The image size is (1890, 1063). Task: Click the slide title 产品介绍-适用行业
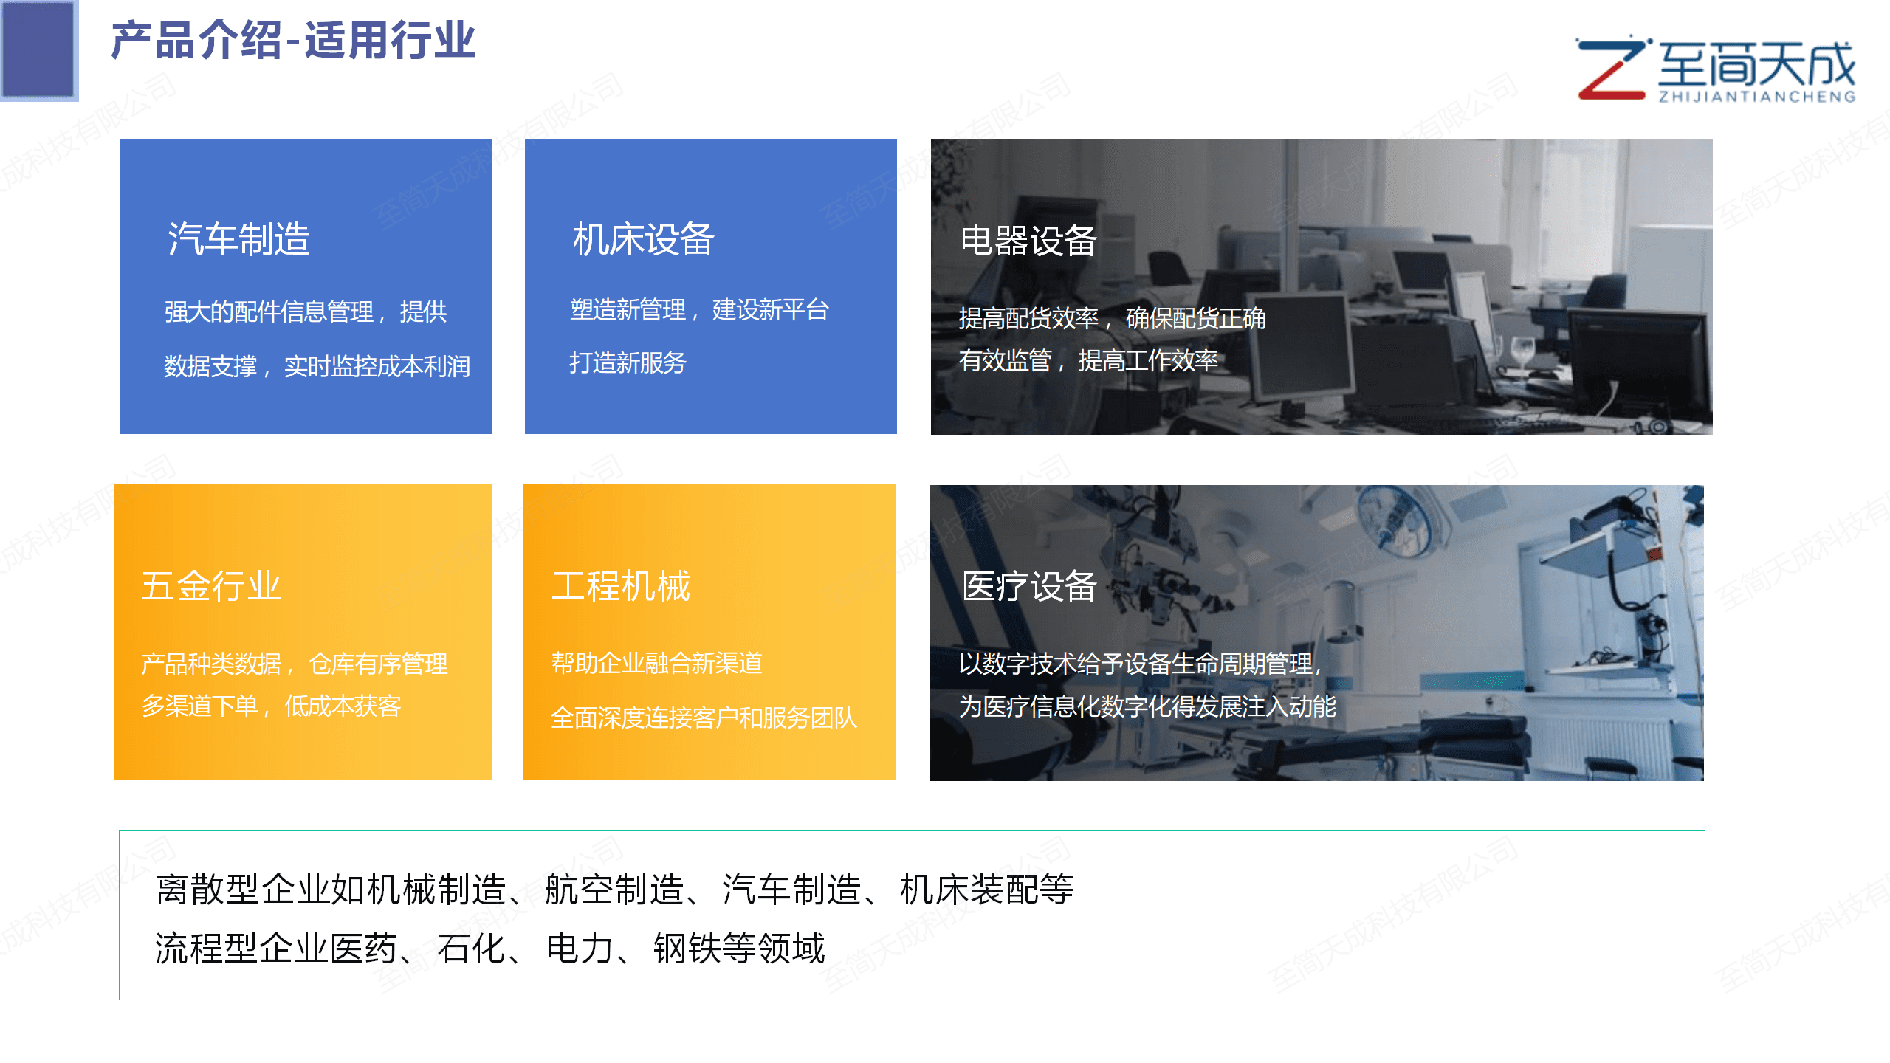[x=293, y=41]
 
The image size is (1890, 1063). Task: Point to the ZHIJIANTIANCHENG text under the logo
[x=1757, y=97]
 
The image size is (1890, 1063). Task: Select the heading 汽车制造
[x=238, y=238]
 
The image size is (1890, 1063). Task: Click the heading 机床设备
[x=643, y=238]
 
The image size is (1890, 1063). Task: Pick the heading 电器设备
[x=1028, y=241]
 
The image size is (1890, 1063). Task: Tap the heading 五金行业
[x=211, y=586]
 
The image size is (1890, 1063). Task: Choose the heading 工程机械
[x=621, y=586]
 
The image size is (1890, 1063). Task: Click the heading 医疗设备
[x=1029, y=586]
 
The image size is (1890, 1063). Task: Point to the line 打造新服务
[x=628, y=362]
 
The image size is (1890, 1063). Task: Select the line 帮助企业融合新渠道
[x=656, y=663]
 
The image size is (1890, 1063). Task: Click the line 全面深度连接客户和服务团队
[x=704, y=718]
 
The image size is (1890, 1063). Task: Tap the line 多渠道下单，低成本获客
[x=271, y=706]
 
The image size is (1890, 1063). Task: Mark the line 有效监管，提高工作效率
[x=1088, y=360]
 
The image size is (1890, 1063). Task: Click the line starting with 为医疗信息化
[x=1147, y=706]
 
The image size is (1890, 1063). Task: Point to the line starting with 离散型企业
[x=614, y=889]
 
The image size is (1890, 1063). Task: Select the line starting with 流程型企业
[x=490, y=949]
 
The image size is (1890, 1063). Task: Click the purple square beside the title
[x=38, y=49]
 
